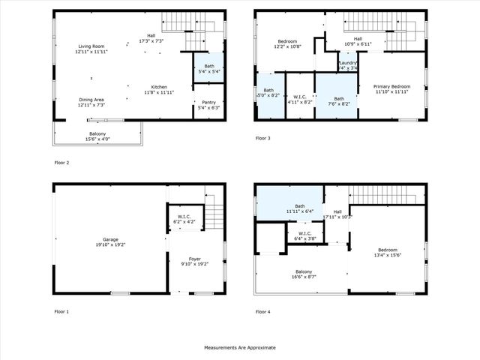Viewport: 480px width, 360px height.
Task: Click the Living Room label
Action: coord(91,46)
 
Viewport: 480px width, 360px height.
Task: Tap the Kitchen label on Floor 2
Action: coord(158,86)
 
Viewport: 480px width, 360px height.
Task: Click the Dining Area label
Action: coord(91,99)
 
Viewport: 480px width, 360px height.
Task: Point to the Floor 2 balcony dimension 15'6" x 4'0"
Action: coord(97,139)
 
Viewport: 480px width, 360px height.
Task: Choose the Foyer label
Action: coord(193,259)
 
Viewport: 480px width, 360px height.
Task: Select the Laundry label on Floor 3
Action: coord(347,63)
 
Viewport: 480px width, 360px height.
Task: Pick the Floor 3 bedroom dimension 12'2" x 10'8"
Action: coord(288,46)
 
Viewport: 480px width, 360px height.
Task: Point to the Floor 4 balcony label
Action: coord(303,271)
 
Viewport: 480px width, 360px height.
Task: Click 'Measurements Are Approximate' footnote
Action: coord(240,348)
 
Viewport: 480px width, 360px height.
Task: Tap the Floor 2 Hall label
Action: coord(151,34)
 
